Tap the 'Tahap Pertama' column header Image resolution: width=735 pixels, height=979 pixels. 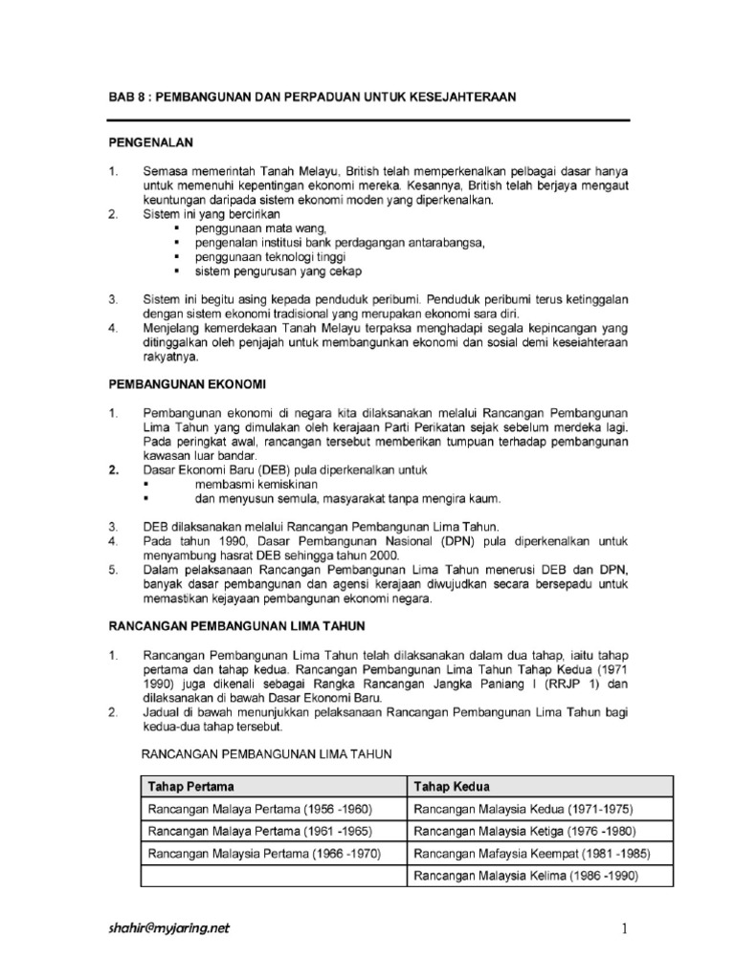pyautogui.click(x=190, y=786)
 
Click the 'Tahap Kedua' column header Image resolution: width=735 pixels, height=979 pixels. pyautogui.click(x=451, y=786)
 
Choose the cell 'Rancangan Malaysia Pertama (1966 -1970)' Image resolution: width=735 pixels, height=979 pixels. pyautogui.click(x=263, y=853)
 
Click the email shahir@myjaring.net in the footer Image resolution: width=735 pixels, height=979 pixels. pyautogui.click(x=167, y=927)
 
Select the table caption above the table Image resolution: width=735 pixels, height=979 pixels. pyautogui.click(x=266, y=754)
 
